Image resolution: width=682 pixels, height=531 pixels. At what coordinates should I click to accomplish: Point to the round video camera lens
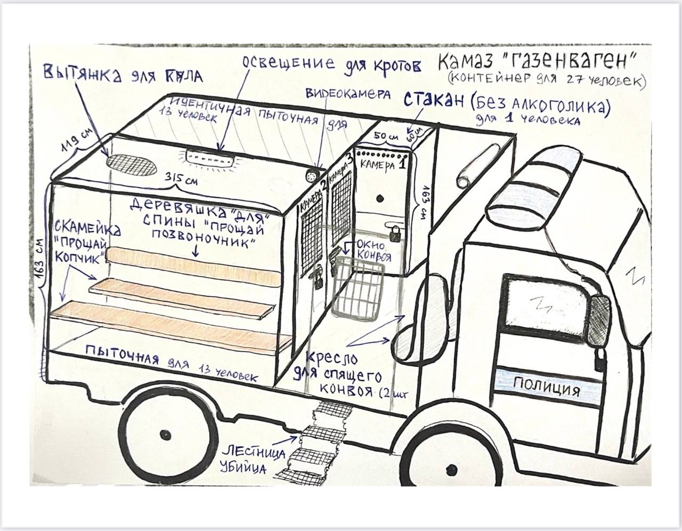312,175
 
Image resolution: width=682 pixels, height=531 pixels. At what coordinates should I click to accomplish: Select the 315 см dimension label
181,179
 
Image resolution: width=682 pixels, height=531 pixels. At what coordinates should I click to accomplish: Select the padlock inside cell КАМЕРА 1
395,232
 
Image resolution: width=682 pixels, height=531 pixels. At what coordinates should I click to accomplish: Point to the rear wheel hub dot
163,430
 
